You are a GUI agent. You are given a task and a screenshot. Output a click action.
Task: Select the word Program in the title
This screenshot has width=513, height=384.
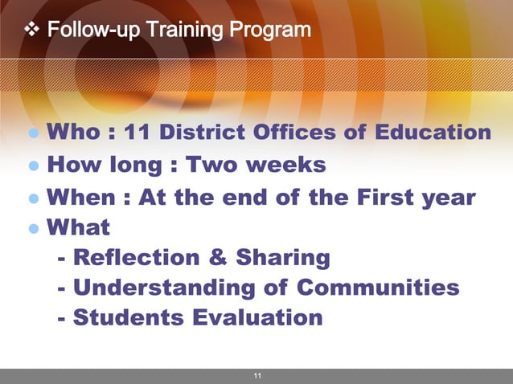(269, 31)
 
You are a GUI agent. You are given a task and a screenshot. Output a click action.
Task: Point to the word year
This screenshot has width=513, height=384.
(447, 198)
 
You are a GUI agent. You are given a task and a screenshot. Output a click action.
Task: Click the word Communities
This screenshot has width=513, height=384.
(378, 287)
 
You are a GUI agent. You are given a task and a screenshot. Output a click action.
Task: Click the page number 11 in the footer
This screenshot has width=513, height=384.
(257, 376)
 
